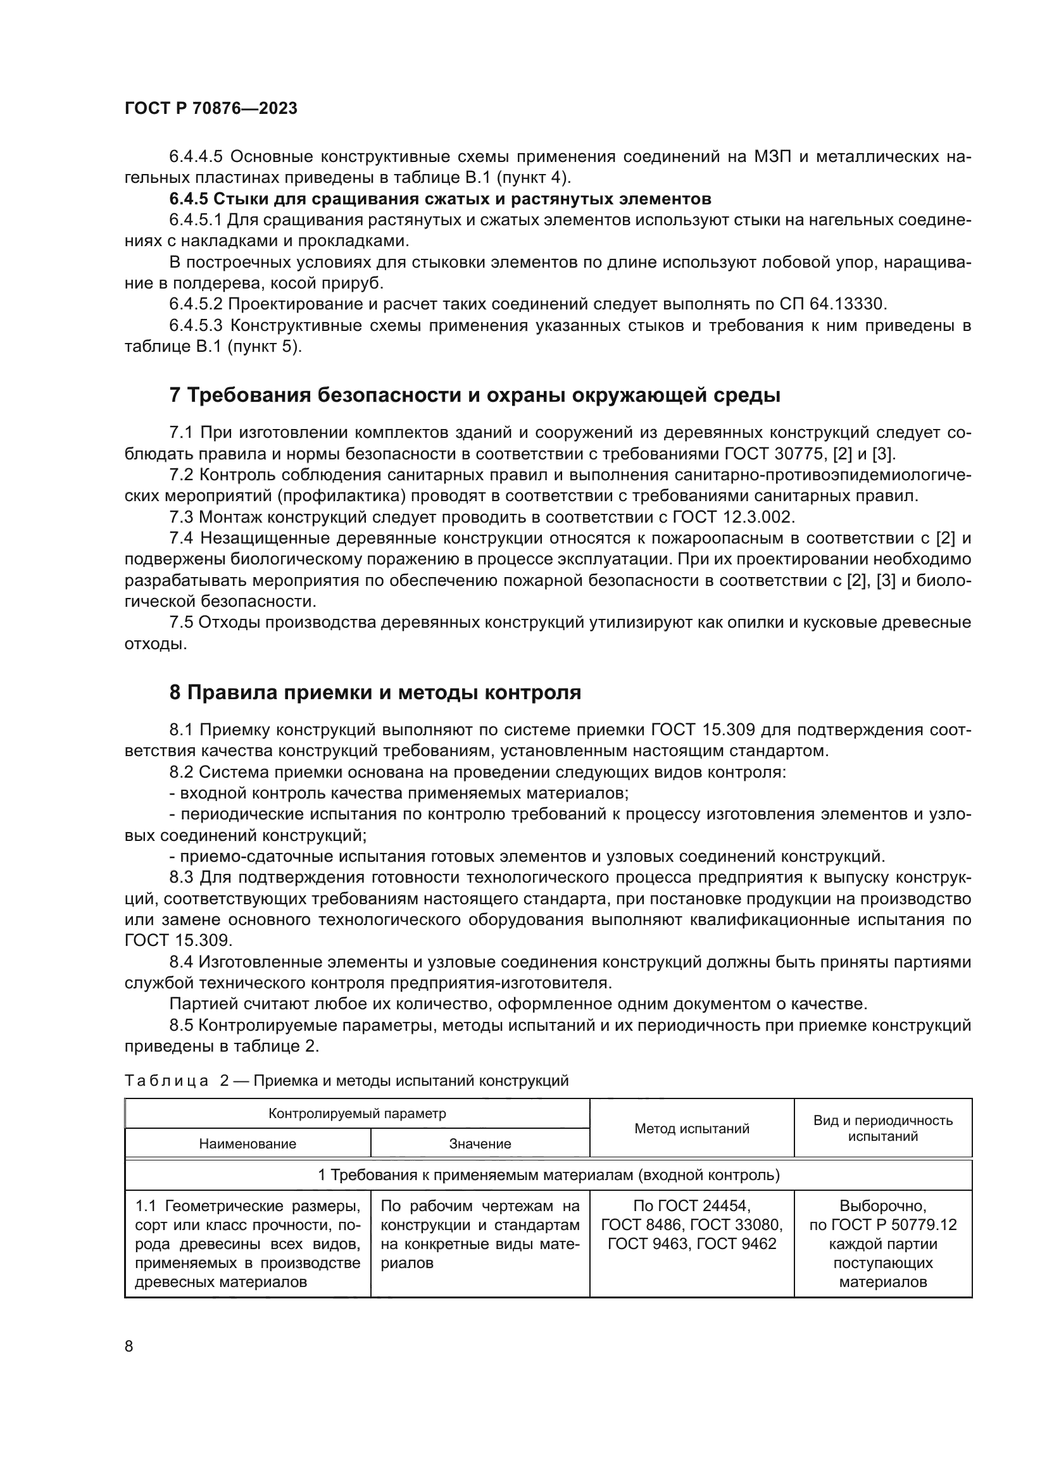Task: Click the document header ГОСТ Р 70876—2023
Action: (211, 108)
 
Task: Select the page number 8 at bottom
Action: (129, 1346)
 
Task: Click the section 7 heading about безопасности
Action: (475, 394)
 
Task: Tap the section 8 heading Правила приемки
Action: (375, 692)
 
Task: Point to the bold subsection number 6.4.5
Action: (188, 199)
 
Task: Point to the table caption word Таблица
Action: (166, 1080)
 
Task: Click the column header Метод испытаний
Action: (691, 1128)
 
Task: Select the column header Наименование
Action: (248, 1143)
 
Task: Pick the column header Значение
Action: (480, 1143)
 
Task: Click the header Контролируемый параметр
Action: (356, 1113)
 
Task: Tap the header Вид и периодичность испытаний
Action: (882, 1128)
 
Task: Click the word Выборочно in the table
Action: (882, 1205)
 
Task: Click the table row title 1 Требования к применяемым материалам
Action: (548, 1175)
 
